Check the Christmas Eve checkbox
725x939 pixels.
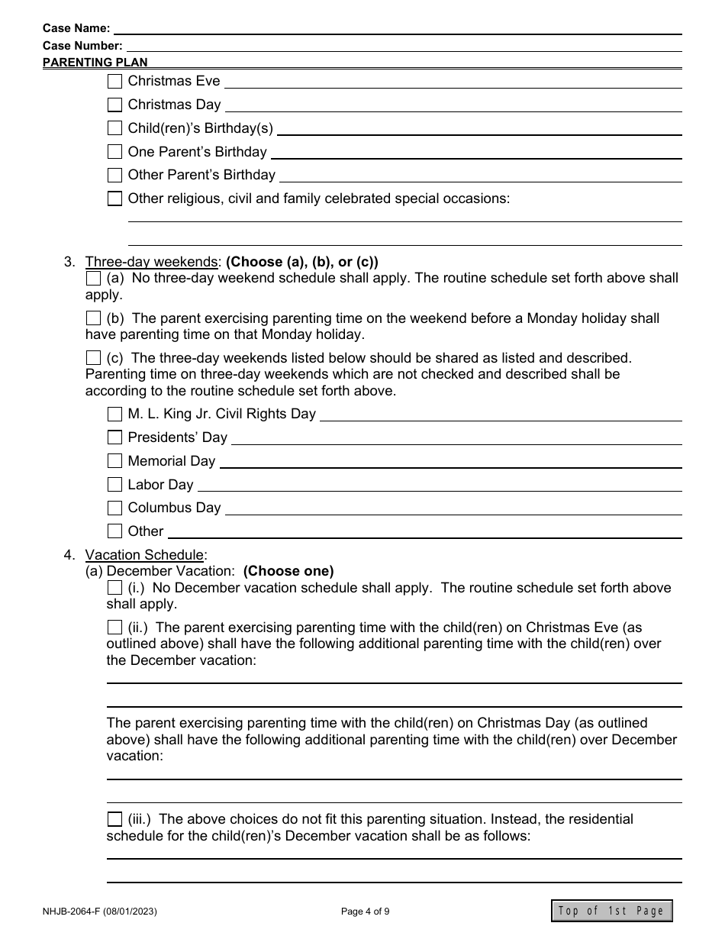pyautogui.click(x=114, y=81)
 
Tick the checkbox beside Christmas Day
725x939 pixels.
pyautogui.click(x=114, y=105)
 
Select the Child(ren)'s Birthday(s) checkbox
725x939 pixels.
pyautogui.click(x=114, y=128)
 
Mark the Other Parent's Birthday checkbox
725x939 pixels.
pyautogui.click(x=114, y=175)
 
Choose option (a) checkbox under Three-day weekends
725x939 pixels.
pyautogui.click(x=93, y=278)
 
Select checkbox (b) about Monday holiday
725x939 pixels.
pyautogui.click(x=93, y=318)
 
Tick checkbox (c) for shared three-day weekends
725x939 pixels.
pyautogui.click(x=93, y=357)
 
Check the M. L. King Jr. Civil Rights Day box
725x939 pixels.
pyautogui.click(x=114, y=415)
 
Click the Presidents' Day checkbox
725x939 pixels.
pyautogui.click(x=114, y=437)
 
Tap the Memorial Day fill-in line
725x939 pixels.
pyautogui.click(x=450, y=462)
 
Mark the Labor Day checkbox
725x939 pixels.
pyautogui.click(x=114, y=485)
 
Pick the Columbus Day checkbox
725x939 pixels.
pyautogui.click(x=114, y=508)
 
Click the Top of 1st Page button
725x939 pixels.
pyautogui.click(x=611, y=911)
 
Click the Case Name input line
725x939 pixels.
pyautogui.click(x=397, y=29)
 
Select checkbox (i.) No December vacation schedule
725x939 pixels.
pyautogui.click(x=114, y=588)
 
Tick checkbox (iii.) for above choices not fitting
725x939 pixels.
pyautogui.click(x=114, y=819)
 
